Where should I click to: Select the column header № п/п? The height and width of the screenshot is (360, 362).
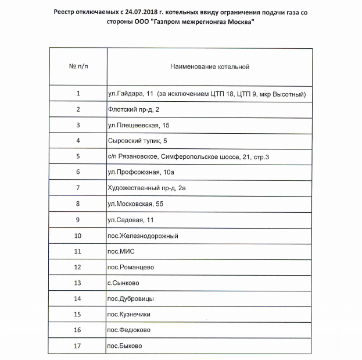(78, 66)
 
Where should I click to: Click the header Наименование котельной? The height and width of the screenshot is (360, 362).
(209, 66)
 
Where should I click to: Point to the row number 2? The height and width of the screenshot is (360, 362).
(78, 109)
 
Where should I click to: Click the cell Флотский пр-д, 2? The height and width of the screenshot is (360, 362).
(133, 109)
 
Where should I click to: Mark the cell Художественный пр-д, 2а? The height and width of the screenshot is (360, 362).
(146, 188)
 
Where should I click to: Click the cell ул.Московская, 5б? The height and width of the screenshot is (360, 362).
(138, 204)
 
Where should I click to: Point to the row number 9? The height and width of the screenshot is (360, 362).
(78, 220)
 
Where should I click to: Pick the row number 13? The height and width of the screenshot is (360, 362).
(78, 283)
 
